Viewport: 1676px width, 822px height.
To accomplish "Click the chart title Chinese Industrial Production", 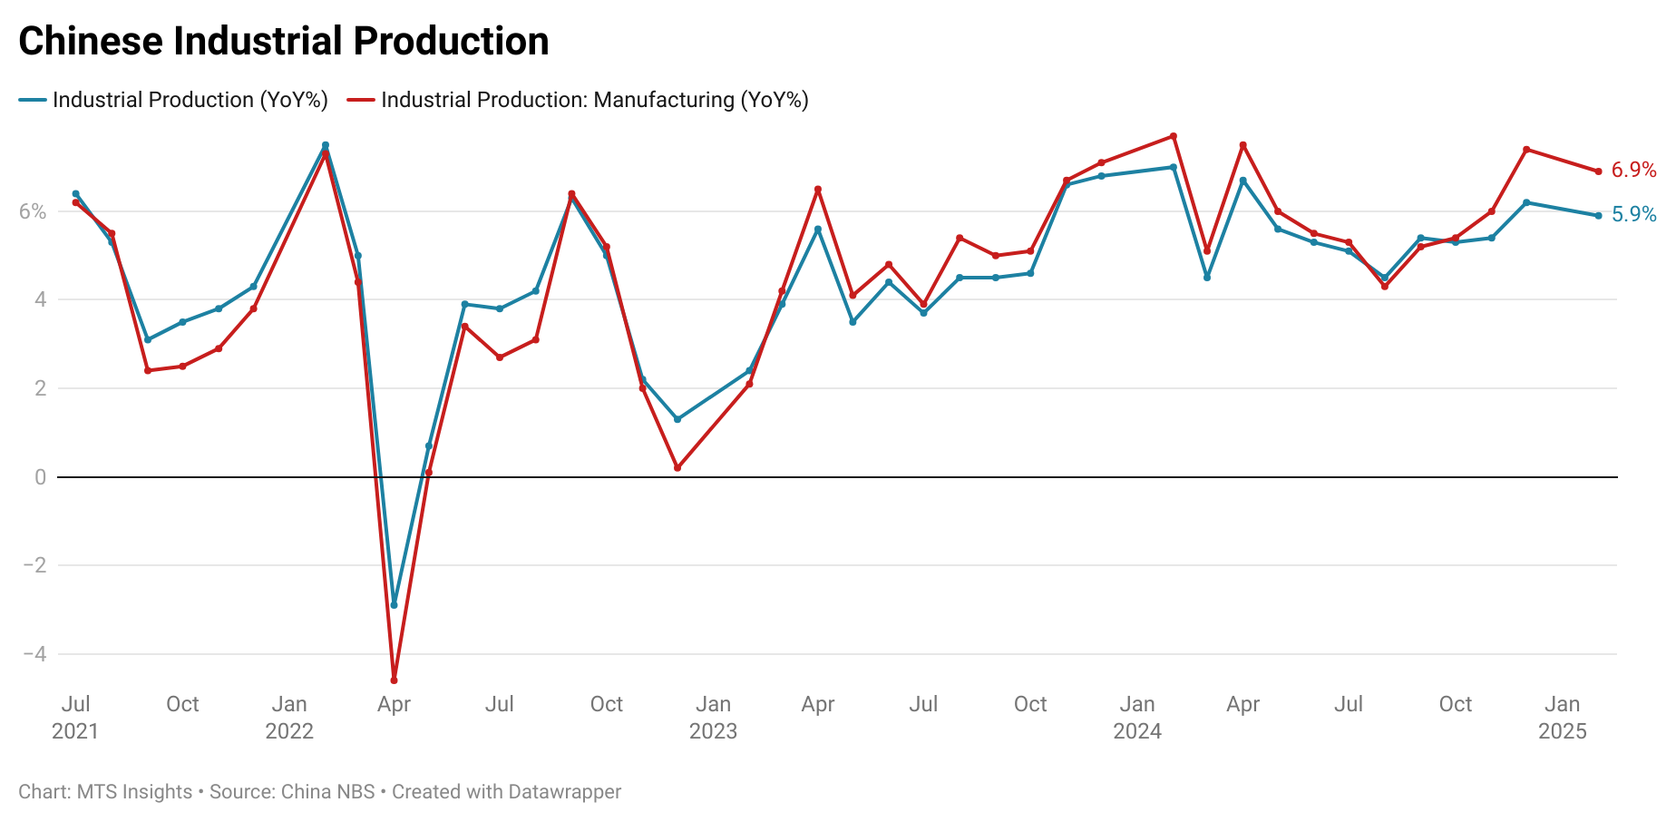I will tap(283, 42).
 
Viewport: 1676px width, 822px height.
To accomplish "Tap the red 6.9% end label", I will tap(1633, 170).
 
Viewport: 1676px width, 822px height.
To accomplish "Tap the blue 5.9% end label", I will tap(1633, 214).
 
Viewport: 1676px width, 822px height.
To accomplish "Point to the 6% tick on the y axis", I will tap(33, 211).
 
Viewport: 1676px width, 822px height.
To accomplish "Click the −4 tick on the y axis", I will tap(34, 654).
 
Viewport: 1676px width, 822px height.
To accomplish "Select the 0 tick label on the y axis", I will tap(40, 477).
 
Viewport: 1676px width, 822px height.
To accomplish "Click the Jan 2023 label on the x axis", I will tap(713, 717).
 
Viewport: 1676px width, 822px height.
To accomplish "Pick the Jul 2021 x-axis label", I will tap(75, 717).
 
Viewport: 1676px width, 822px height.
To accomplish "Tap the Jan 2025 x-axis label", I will tap(1562, 717).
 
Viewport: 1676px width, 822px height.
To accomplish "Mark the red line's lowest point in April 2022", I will tap(394, 680).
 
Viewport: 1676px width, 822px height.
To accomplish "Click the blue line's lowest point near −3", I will tap(394, 605).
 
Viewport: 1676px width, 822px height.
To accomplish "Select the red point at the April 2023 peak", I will tap(818, 190).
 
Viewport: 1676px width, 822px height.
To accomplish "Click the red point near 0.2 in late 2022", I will tap(677, 468).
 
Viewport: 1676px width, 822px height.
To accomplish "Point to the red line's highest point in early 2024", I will tap(1174, 136).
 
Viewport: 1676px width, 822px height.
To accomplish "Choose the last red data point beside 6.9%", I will tap(1598, 171).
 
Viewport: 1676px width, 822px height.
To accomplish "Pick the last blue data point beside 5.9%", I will tap(1598, 216).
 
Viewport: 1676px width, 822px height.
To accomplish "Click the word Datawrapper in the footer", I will tap(564, 792).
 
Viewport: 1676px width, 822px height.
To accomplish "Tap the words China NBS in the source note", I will tap(327, 792).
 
